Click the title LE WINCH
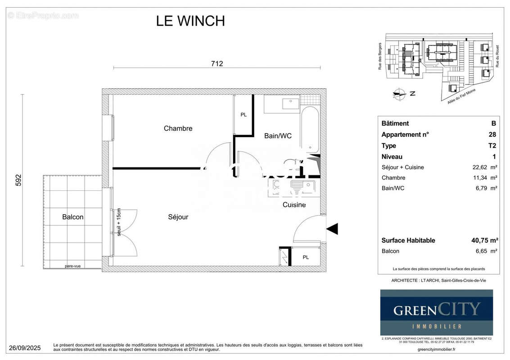click(x=190, y=21)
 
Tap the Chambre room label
click(x=178, y=129)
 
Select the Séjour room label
click(x=178, y=217)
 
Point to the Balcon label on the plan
click(x=72, y=217)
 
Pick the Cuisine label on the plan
click(x=294, y=205)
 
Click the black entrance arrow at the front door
click(x=332, y=229)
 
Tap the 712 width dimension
click(x=217, y=64)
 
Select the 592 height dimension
click(x=18, y=180)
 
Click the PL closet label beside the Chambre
click(x=244, y=115)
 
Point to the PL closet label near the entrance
click(x=306, y=257)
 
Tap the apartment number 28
click(x=492, y=135)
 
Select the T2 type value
click(x=492, y=146)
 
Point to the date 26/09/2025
click(x=25, y=348)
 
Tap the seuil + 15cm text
click(x=119, y=222)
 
